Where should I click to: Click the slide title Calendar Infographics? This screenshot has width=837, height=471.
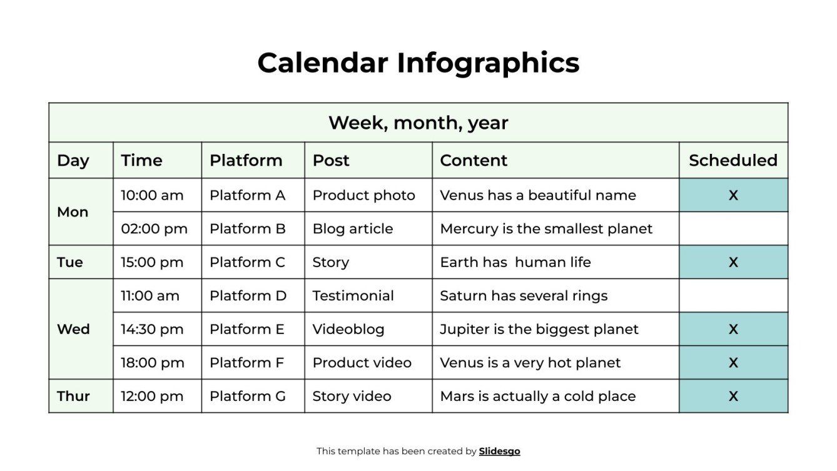[418, 63]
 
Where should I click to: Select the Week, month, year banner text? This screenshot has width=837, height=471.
[418, 123]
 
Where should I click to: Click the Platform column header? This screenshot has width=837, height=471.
[246, 161]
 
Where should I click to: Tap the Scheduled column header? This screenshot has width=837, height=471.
[733, 161]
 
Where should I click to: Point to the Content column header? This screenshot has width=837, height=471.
[474, 161]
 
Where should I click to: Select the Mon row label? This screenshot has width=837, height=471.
[73, 212]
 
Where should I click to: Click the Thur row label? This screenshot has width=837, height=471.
[73, 396]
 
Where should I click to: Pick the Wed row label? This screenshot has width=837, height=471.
[73, 329]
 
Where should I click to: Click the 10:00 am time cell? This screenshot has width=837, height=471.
[152, 195]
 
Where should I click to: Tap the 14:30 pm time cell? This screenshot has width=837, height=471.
[152, 329]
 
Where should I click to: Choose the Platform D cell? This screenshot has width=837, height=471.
[248, 296]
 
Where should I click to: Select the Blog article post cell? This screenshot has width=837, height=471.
[353, 229]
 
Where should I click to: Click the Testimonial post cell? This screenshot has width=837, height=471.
[353, 296]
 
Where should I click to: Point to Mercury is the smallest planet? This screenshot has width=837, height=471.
[546, 229]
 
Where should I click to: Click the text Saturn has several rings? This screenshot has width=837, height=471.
[524, 296]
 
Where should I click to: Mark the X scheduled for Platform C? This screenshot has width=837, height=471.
[733, 262]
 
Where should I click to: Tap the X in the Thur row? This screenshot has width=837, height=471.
[733, 396]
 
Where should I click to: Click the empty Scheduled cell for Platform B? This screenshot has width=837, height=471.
[733, 229]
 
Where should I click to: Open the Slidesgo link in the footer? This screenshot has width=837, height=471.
[499, 451]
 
